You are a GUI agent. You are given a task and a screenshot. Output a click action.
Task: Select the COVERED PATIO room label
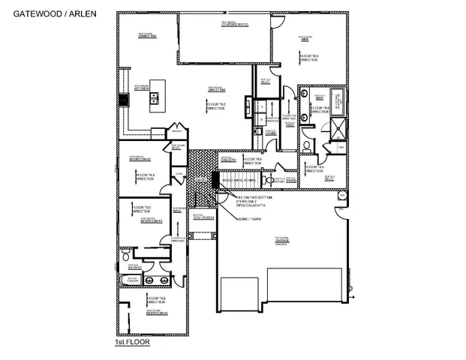234,24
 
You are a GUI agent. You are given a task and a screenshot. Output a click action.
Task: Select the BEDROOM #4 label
155,313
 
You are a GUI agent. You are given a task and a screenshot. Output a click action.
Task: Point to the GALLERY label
230,160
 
